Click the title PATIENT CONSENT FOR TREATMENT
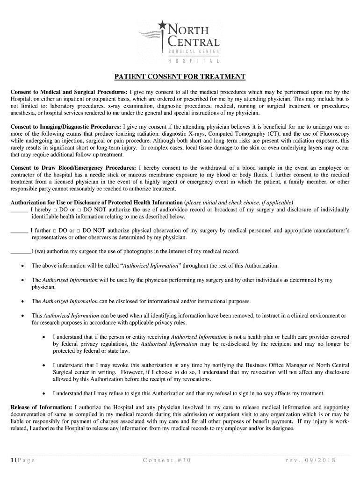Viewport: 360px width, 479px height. click(x=180, y=77)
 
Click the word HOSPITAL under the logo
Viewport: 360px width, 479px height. click(x=193, y=61)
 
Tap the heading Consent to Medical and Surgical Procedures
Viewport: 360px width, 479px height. click(x=69, y=92)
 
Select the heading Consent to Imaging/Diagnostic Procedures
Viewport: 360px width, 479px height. click(x=66, y=126)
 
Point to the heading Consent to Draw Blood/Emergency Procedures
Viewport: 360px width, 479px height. click(x=73, y=168)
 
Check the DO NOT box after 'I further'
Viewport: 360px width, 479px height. click(x=79, y=231)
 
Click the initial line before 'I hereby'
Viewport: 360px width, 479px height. click(x=19, y=210)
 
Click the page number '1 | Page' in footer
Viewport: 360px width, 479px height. click(x=23, y=460)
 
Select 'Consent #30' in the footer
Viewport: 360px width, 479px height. click(x=167, y=460)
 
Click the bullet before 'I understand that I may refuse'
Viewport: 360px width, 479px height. click(x=43, y=393)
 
